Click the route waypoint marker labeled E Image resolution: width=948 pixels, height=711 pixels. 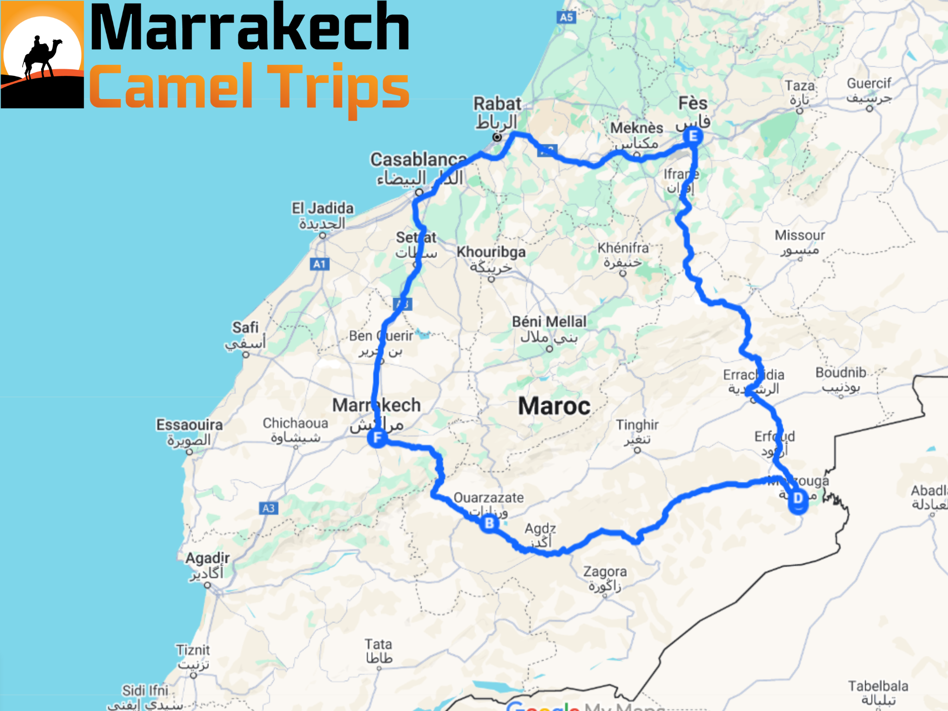693,136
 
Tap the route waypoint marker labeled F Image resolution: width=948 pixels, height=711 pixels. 377,437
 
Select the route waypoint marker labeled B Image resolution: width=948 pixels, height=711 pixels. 489,524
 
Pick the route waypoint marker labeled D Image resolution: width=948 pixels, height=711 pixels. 798,499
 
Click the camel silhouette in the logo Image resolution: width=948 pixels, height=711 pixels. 42,56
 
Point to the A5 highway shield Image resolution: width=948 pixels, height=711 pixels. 567,18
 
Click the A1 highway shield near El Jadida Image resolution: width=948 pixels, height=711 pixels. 319,264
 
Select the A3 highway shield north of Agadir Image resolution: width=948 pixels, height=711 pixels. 268,508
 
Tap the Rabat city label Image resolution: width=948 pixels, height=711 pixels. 497,104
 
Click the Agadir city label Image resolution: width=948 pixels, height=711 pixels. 207,558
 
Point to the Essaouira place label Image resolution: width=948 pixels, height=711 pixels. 189,424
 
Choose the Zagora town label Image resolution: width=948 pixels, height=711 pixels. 605,572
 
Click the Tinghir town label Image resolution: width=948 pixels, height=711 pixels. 637,424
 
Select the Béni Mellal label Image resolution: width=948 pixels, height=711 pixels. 549,322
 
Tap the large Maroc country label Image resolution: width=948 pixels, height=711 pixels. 554,406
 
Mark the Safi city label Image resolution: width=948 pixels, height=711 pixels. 245,327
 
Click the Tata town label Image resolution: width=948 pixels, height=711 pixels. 378,644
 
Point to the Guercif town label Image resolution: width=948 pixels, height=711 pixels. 869,83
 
